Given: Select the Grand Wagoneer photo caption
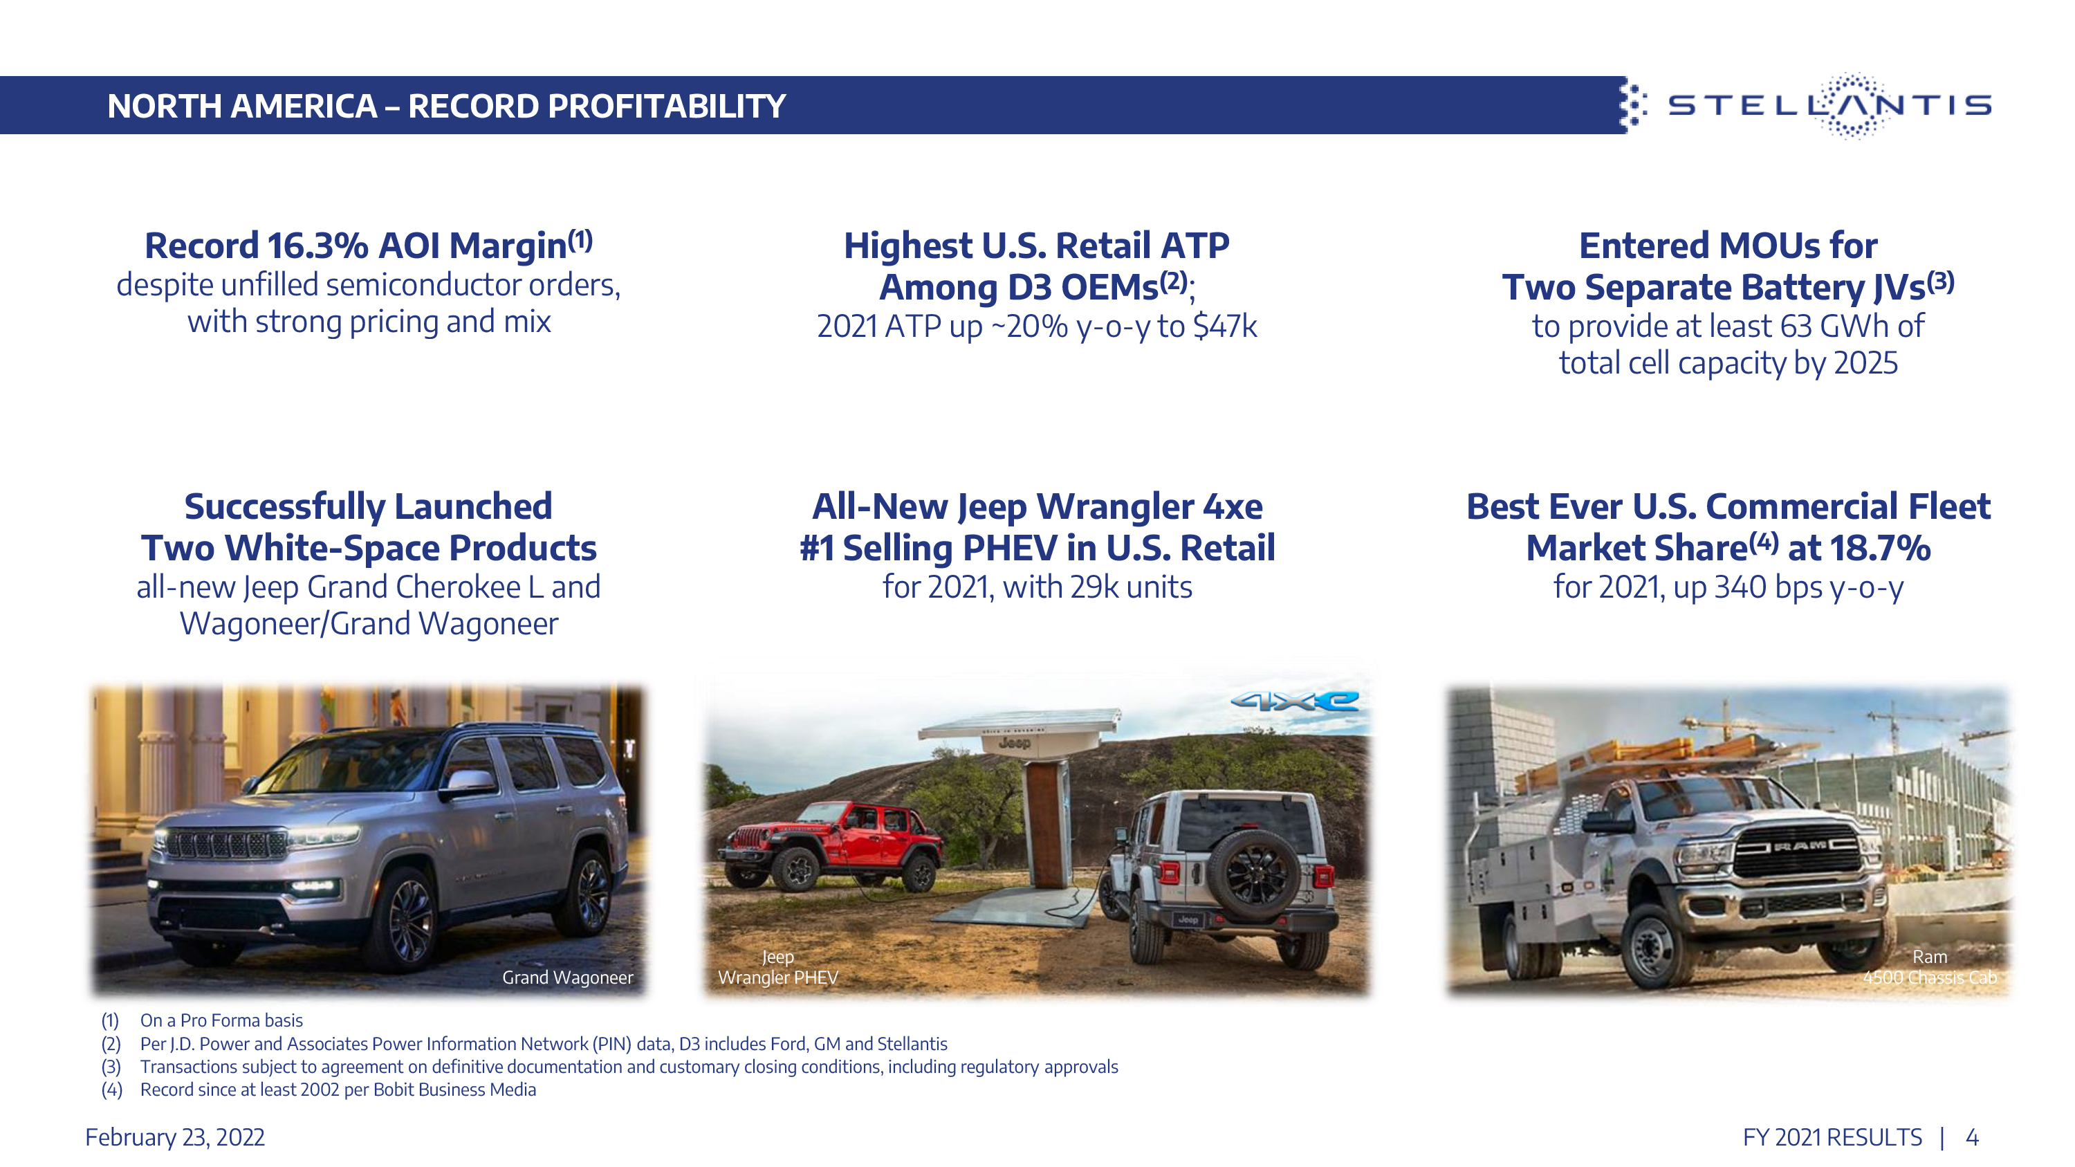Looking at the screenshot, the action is click(568, 977).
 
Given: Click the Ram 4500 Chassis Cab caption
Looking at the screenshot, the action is click(1930, 966).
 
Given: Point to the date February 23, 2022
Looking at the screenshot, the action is click(175, 1137).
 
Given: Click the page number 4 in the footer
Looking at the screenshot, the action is click(1972, 1137).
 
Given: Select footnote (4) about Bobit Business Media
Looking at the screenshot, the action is click(318, 1090).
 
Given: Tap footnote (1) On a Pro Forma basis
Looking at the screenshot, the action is click(201, 1020).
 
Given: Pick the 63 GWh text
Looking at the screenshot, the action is click(1836, 327).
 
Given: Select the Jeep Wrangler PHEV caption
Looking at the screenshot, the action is click(778, 966).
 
